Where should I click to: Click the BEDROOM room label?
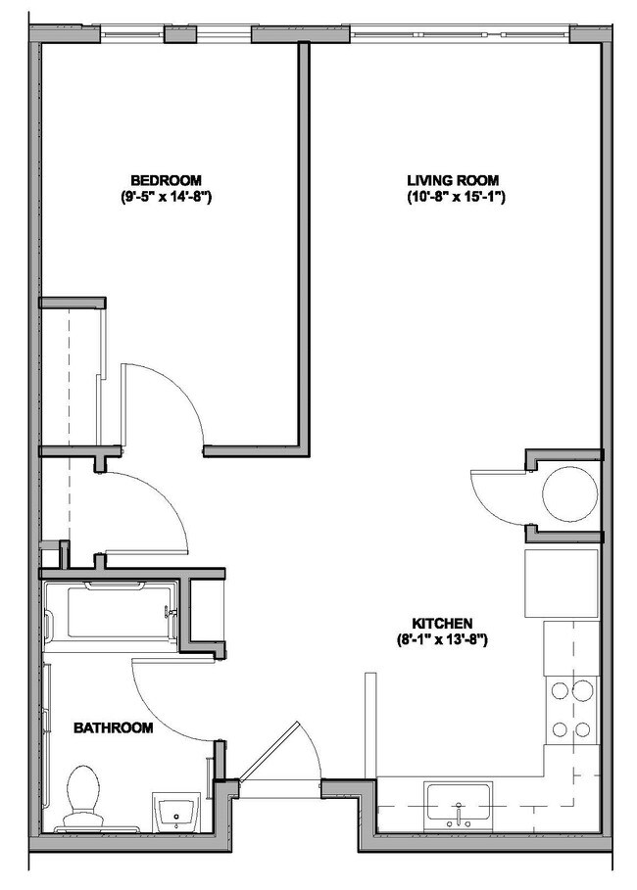(167, 180)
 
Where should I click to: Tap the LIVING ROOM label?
(454, 180)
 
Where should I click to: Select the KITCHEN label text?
(443, 623)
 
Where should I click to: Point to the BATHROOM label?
(115, 727)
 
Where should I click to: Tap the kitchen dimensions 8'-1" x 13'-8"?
(443, 639)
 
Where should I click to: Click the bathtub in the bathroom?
(111, 615)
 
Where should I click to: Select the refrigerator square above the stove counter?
(562, 584)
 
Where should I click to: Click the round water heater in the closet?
(569, 494)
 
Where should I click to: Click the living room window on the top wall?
(460, 34)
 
